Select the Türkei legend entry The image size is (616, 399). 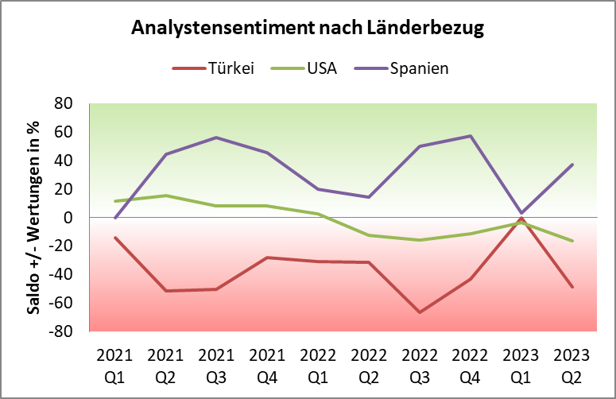tap(231, 68)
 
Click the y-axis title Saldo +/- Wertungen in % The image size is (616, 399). tap(34, 217)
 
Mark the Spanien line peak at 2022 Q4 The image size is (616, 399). tap(470, 136)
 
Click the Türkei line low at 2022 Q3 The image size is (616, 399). tap(419, 312)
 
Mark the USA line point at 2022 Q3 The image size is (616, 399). tap(419, 240)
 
